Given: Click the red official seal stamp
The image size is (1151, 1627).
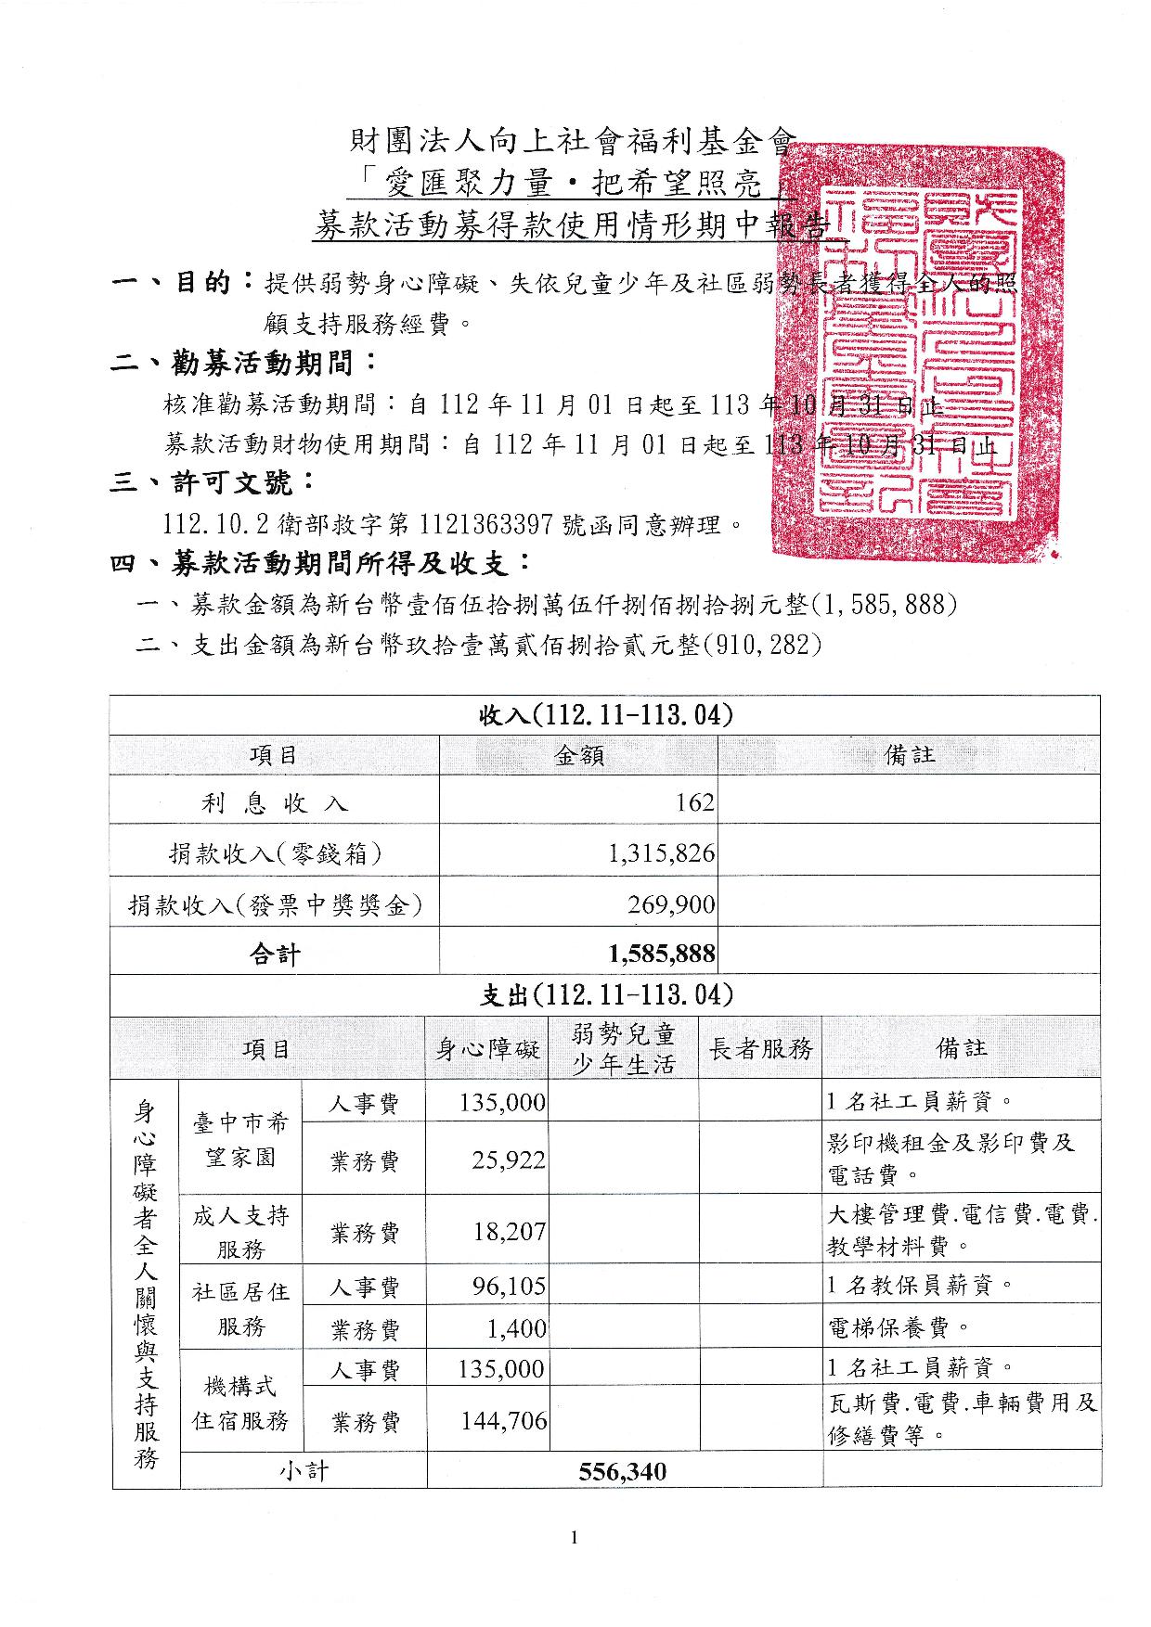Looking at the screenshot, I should click(914, 351).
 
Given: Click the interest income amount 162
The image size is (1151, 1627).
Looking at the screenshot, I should click(695, 802).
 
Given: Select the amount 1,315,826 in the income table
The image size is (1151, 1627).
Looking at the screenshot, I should click(662, 853).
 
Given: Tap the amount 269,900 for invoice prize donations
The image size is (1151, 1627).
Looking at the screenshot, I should click(671, 904).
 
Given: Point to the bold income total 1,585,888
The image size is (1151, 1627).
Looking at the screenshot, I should click(662, 954).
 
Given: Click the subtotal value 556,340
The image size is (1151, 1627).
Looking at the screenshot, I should click(622, 1471).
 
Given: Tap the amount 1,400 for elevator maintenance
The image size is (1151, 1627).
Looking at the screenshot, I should click(517, 1329).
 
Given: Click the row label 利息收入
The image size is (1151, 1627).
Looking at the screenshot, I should click(274, 803).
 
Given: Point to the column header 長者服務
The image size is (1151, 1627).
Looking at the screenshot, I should click(760, 1049).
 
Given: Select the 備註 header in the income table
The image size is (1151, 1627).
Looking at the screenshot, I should click(909, 756).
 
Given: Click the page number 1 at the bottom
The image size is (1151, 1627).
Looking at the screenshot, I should click(575, 1538).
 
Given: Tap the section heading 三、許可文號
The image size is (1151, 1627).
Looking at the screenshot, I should click(213, 483).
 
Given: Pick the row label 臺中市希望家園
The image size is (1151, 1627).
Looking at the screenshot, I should click(240, 1141).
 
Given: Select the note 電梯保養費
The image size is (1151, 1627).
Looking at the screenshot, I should click(897, 1328).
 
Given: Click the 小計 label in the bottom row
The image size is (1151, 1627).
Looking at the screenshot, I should click(304, 1471).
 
